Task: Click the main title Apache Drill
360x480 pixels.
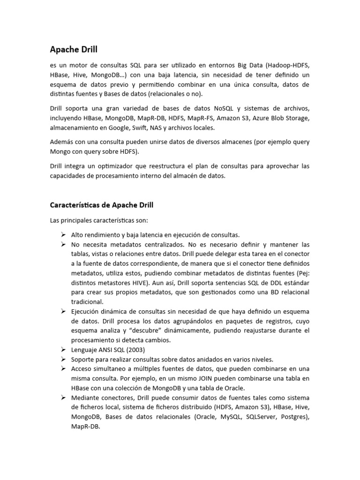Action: point(74,49)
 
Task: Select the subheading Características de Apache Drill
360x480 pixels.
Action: point(102,205)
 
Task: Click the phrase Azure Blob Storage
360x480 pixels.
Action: point(279,118)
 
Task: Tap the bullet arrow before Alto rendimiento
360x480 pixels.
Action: point(63,235)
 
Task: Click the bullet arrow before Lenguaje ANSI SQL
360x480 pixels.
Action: point(63,350)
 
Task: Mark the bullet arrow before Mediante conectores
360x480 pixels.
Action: point(63,397)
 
